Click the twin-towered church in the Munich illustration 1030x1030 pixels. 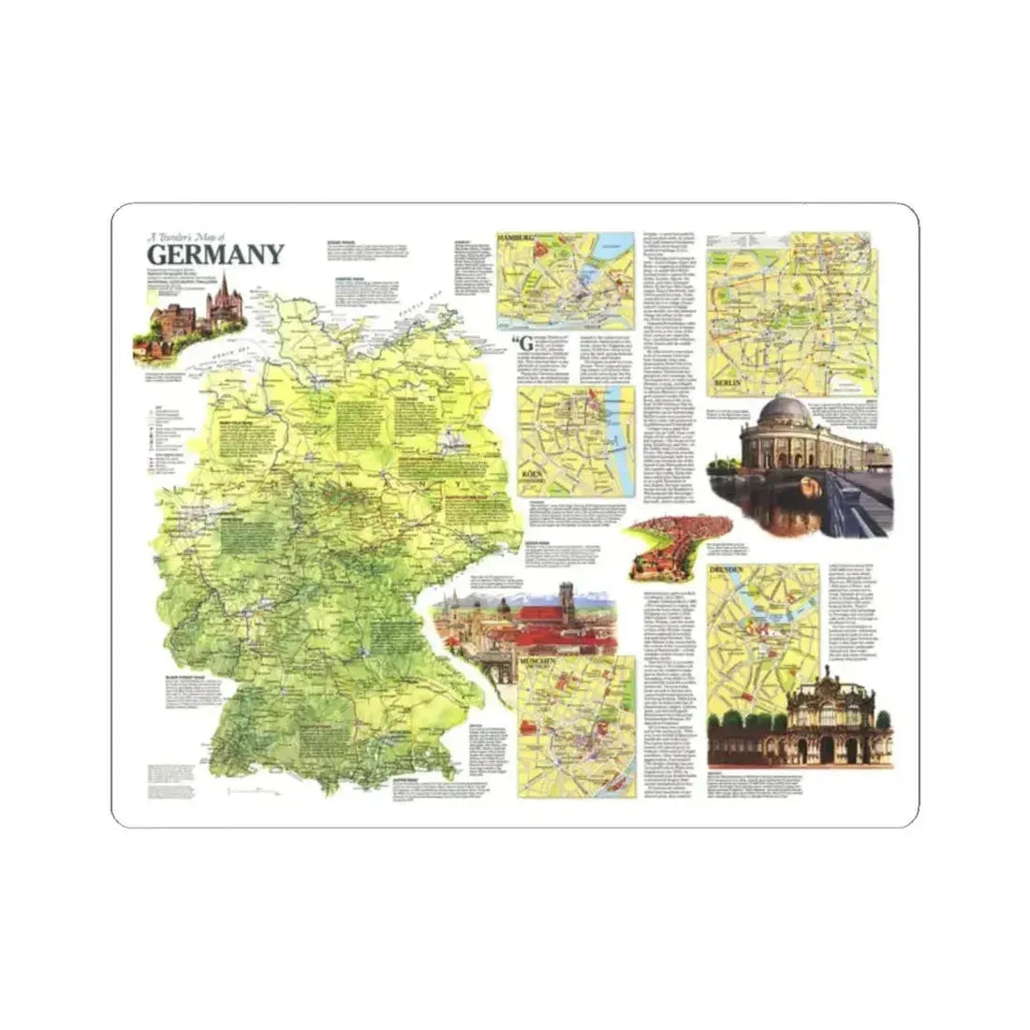pyautogui.click(x=565, y=598)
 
